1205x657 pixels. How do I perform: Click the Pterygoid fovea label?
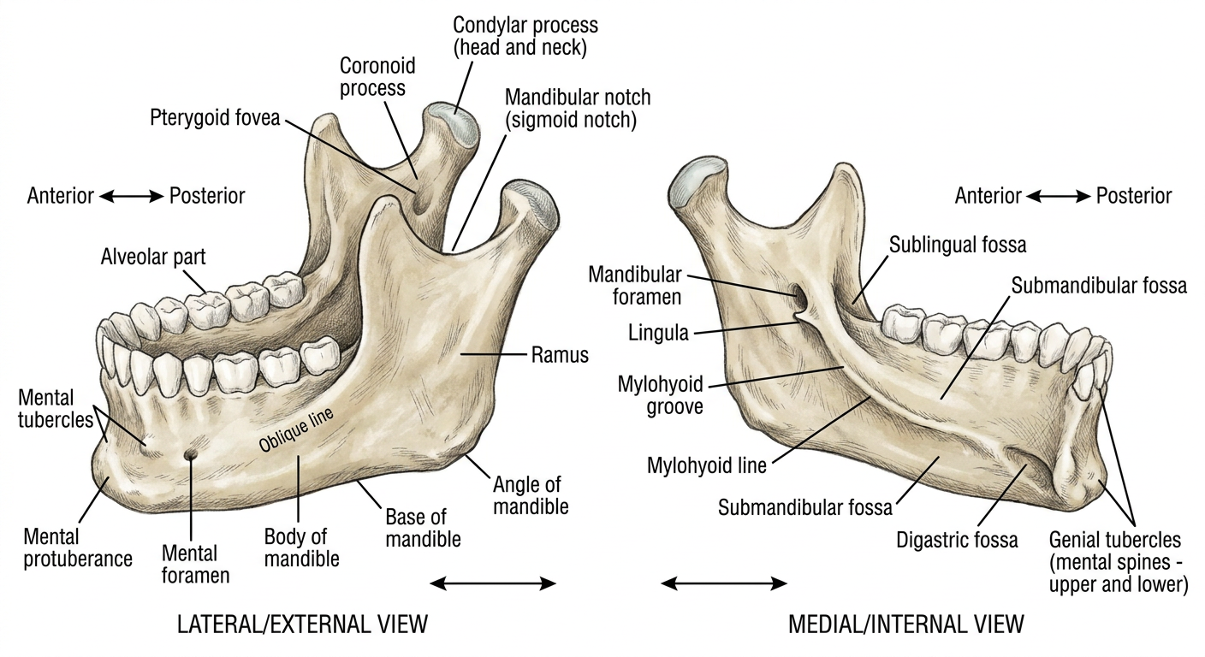point(215,118)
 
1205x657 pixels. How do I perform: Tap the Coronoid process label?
point(377,77)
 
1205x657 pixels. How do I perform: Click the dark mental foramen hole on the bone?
point(189,455)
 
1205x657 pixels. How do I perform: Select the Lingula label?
point(658,333)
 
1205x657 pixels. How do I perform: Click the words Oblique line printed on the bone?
point(296,429)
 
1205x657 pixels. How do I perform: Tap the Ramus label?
point(560,355)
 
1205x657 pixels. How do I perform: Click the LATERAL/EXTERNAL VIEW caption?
point(302,624)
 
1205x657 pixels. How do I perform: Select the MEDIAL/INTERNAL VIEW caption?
point(906,624)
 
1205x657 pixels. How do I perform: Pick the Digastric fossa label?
point(957,540)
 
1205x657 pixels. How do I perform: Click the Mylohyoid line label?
point(706,465)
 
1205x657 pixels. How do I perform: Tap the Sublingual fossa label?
point(957,245)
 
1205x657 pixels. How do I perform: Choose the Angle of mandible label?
point(531,495)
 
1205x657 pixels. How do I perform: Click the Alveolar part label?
point(153,257)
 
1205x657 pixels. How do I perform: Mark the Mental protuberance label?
point(78,547)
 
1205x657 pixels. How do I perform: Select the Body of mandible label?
point(301,547)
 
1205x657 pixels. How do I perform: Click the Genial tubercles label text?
point(1119,562)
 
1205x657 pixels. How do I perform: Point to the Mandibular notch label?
point(577,108)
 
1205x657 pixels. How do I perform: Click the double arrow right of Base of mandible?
point(493,583)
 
